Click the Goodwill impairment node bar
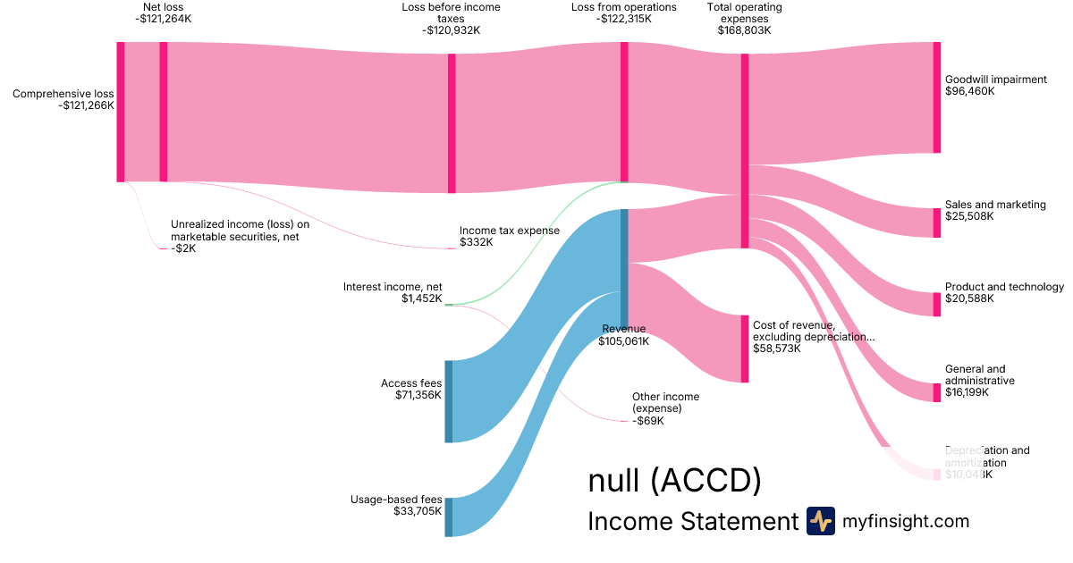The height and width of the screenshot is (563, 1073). [937, 97]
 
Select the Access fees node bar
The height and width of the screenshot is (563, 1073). [449, 401]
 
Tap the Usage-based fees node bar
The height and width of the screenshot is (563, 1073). [449, 517]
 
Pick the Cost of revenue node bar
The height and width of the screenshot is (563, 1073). [744, 349]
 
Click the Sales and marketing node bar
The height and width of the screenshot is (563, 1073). [937, 223]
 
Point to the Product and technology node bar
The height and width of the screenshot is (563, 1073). [937, 304]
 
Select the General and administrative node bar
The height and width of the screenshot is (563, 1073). [937, 392]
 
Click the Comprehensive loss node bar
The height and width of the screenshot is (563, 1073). [121, 112]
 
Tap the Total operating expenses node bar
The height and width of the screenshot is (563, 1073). [744, 151]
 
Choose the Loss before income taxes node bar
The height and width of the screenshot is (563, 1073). [452, 123]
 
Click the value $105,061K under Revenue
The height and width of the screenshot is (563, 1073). [624, 340]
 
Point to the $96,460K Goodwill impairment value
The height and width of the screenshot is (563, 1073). [969, 91]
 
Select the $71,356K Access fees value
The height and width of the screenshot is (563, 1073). [418, 395]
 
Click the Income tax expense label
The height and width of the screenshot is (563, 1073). [509, 231]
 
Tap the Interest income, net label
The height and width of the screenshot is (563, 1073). [393, 287]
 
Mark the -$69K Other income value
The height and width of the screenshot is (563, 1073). [648, 421]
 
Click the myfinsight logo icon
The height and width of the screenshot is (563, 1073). [820, 521]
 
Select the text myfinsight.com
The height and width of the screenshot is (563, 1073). [906, 521]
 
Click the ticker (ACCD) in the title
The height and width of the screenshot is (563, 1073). [705, 481]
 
